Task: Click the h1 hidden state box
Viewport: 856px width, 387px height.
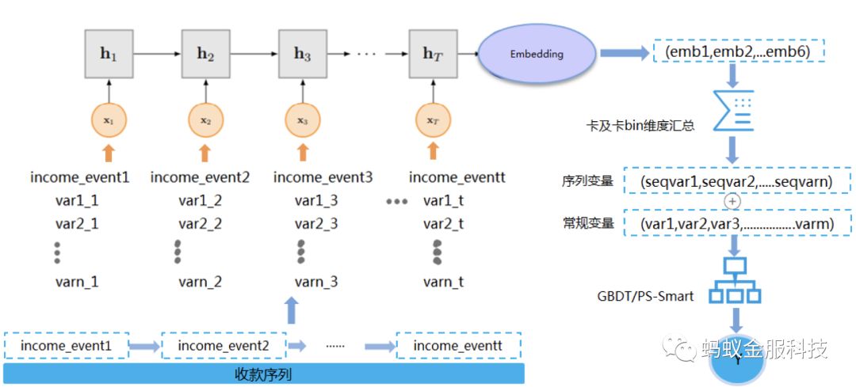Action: [108, 55]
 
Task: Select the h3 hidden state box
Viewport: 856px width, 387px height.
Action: [302, 55]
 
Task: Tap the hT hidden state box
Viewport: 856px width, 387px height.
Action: [432, 55]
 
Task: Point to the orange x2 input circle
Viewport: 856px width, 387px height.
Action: [205, 121]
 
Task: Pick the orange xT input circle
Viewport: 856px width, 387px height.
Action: [432, 121]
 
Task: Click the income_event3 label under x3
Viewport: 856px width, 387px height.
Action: [323, 177]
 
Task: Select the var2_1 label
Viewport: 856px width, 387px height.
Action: [77, 224]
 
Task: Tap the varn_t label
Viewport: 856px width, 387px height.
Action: [443, 282]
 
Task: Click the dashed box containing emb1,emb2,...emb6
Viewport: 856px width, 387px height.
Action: [739, 53]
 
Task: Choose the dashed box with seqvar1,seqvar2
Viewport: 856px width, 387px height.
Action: [736, 182]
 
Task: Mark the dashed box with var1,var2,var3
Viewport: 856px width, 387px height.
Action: [737, 224]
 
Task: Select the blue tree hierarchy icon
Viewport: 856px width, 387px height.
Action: [735, 282]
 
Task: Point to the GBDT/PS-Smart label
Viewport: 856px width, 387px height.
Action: [646, 297]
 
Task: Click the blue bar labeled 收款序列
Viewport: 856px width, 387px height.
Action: [263, 374]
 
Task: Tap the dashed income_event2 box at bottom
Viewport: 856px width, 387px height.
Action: [224, 346]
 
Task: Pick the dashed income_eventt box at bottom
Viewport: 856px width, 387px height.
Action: [458, 346]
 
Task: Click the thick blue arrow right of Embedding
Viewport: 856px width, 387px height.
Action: [622, 54]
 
